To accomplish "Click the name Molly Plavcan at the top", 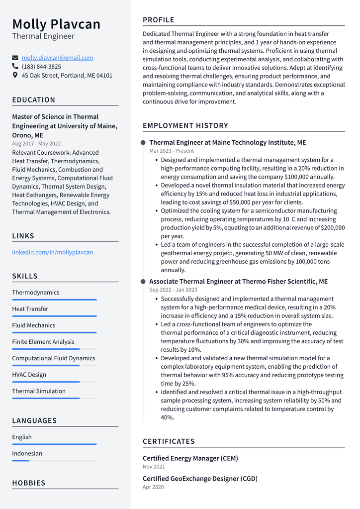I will pyautogui.click(x=56, y=24).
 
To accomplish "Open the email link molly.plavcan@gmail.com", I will pyautogui.click(x=57, y=58).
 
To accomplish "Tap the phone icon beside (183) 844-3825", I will pyautogui.click(x=15, y=66).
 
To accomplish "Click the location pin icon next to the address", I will pyautogui.click(x=15, y=75).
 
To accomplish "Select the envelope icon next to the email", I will pyautogui.click(x=15, y=58).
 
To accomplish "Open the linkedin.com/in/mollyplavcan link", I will pyautogui.click(x=52, y=252).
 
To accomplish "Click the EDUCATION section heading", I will pyautogui.click(x=34, y=100).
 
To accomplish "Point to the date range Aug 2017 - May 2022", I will pyautogui.click(x=36, y=144).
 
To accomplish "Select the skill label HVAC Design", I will pyautogui.click(x=29, y=375).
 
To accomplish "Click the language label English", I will pyautogui.click(x=22, y=437).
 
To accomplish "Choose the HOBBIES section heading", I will pyautogui.click(x=29, y=483).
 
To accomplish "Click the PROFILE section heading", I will pyautogui.click(x=159, y=20).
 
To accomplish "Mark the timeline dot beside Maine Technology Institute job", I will pyautogui.click(x=143, y=143).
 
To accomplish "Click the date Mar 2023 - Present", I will pyautogui.click(x=172, y=151).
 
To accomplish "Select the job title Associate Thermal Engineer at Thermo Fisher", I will pyautogui.click(x=238, y=282).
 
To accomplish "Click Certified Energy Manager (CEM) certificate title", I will pyautogui.click(x=190, y=458).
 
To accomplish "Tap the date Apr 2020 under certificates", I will pyautogui.click(x=153, y=487).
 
